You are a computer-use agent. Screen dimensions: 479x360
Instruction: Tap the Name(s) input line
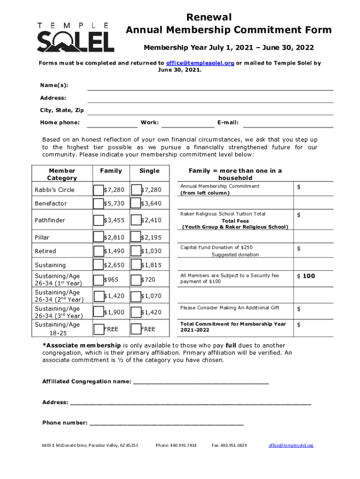coord(210,86)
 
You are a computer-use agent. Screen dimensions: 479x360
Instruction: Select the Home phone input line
coord(112,123)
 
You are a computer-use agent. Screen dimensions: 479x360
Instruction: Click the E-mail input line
coord(288,123)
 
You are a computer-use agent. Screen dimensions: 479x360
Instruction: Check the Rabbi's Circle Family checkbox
coord(98,190)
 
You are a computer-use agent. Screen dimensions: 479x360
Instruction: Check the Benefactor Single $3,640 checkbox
coord(135,203)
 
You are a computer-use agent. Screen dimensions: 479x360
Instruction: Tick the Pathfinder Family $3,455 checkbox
coord(98,220)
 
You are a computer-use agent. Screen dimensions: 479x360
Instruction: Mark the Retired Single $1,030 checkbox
coord(135,251)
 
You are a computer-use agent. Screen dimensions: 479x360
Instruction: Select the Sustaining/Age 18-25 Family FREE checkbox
coord(98,329)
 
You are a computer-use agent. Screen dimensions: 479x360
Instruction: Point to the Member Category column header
coord(62,174)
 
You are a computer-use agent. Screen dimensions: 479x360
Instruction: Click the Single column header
coord(149,171)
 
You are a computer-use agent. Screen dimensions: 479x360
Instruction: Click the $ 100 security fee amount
coord(306,276)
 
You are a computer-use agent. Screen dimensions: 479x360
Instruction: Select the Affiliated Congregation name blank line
coord(201,382)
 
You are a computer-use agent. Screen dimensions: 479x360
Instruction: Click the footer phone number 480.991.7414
coord(176,445)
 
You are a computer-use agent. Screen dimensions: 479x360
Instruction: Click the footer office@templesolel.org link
coord(291,445)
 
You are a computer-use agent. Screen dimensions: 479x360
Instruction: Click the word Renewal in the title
coord(209,17)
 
